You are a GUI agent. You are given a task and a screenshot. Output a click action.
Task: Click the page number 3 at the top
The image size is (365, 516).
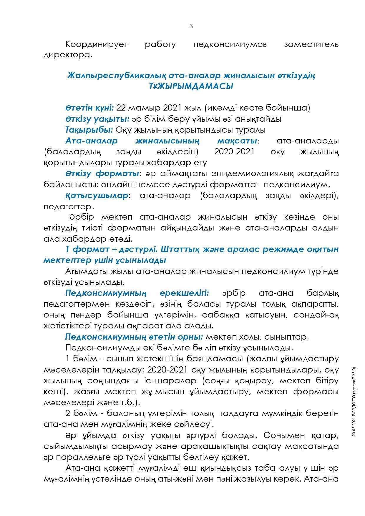point(191,26)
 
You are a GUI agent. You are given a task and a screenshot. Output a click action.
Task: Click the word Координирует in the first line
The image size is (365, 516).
point(96,44)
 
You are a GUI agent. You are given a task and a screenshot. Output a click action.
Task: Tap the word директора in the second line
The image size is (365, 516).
point(68,55)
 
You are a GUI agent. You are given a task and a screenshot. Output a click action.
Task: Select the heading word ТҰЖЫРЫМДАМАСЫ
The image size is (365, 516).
point(191,87)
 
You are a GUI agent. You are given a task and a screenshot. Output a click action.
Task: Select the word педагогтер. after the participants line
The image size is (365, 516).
point(69,206)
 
